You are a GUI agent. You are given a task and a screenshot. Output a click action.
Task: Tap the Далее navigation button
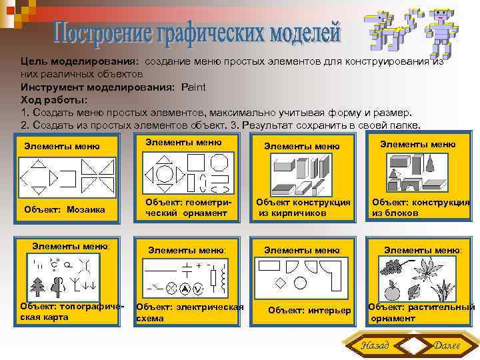coord(446,345)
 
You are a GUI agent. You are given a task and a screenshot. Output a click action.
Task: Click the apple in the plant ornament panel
coord(393,291)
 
